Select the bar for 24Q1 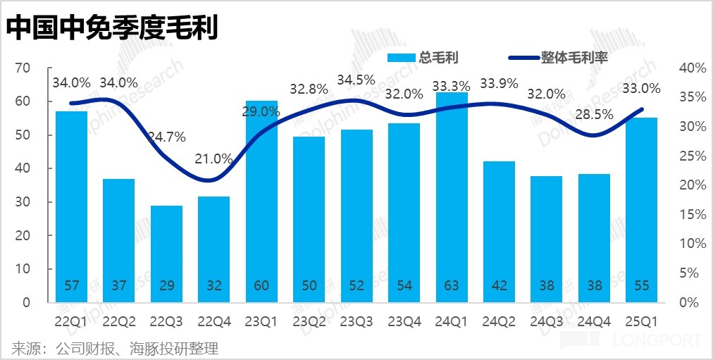click(452, 197)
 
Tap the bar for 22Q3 click(167, 254)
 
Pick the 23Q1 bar click(262, 201)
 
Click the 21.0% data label click(214, 159)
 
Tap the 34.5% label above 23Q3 click(357, 81)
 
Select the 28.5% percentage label click(595, 114)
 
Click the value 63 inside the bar click(452, 287)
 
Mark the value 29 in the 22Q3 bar click(167, 287)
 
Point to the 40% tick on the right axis click(692, 68)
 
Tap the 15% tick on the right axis click(692, 214)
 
